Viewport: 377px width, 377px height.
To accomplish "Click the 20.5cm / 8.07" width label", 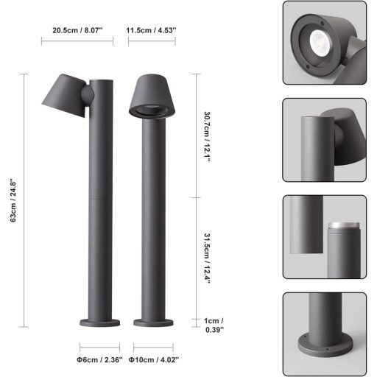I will [x=77, y=31].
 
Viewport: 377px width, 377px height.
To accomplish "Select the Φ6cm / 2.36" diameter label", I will [x=99, y=360].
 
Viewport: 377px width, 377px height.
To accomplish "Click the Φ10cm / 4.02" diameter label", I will [x=154, y=360].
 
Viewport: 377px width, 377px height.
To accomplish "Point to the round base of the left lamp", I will [x=99, y=323].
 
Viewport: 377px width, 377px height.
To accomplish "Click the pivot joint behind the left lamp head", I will [x=88, y=94].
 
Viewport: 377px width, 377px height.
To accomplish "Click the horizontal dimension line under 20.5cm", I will [x=77, y=41].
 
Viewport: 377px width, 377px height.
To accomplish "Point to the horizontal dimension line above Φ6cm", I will [x=99, y=347].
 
